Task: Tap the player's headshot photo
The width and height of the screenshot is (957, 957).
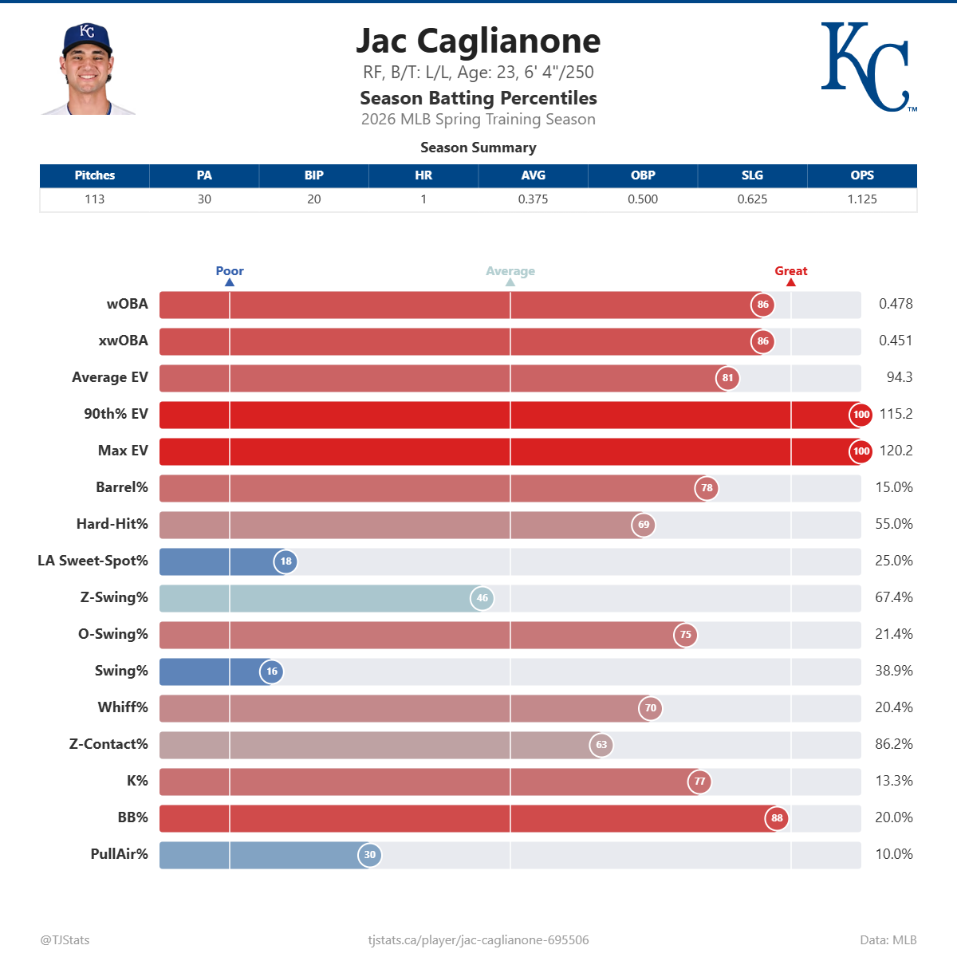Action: tap(88, 69)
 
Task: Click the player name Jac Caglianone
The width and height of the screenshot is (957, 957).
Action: tap(478, 41)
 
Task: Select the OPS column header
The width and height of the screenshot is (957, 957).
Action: tap(861, 175)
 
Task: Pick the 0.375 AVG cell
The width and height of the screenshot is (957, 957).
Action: tap(533, 199)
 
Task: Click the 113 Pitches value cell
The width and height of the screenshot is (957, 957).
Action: tap(95, 199)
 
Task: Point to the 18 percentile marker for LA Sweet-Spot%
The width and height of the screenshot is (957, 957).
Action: tap(286, 561)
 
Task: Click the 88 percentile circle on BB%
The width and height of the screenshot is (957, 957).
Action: tap(777, 818)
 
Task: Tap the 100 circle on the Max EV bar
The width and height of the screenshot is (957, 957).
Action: tap(861, 451)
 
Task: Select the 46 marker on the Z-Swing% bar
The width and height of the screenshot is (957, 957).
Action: tap(482, 598)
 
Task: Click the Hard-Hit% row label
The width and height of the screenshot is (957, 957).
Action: tap(112, 524)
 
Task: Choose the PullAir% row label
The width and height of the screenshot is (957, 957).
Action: tap(119, 854)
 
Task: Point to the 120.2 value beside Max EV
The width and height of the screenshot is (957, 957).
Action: tap(896, 451)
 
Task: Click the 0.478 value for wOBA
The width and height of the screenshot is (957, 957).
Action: tap(896, 304)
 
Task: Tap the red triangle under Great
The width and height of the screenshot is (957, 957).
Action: tap(791, 282)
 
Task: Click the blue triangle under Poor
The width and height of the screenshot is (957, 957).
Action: tap(230, 282)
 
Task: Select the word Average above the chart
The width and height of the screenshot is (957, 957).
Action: tap(510, 271)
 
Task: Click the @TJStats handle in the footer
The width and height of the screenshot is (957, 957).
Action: tap(65, 940)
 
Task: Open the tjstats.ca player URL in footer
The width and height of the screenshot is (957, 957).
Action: tap(478, 940)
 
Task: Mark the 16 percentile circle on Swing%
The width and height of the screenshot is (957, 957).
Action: tap(272, 671)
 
